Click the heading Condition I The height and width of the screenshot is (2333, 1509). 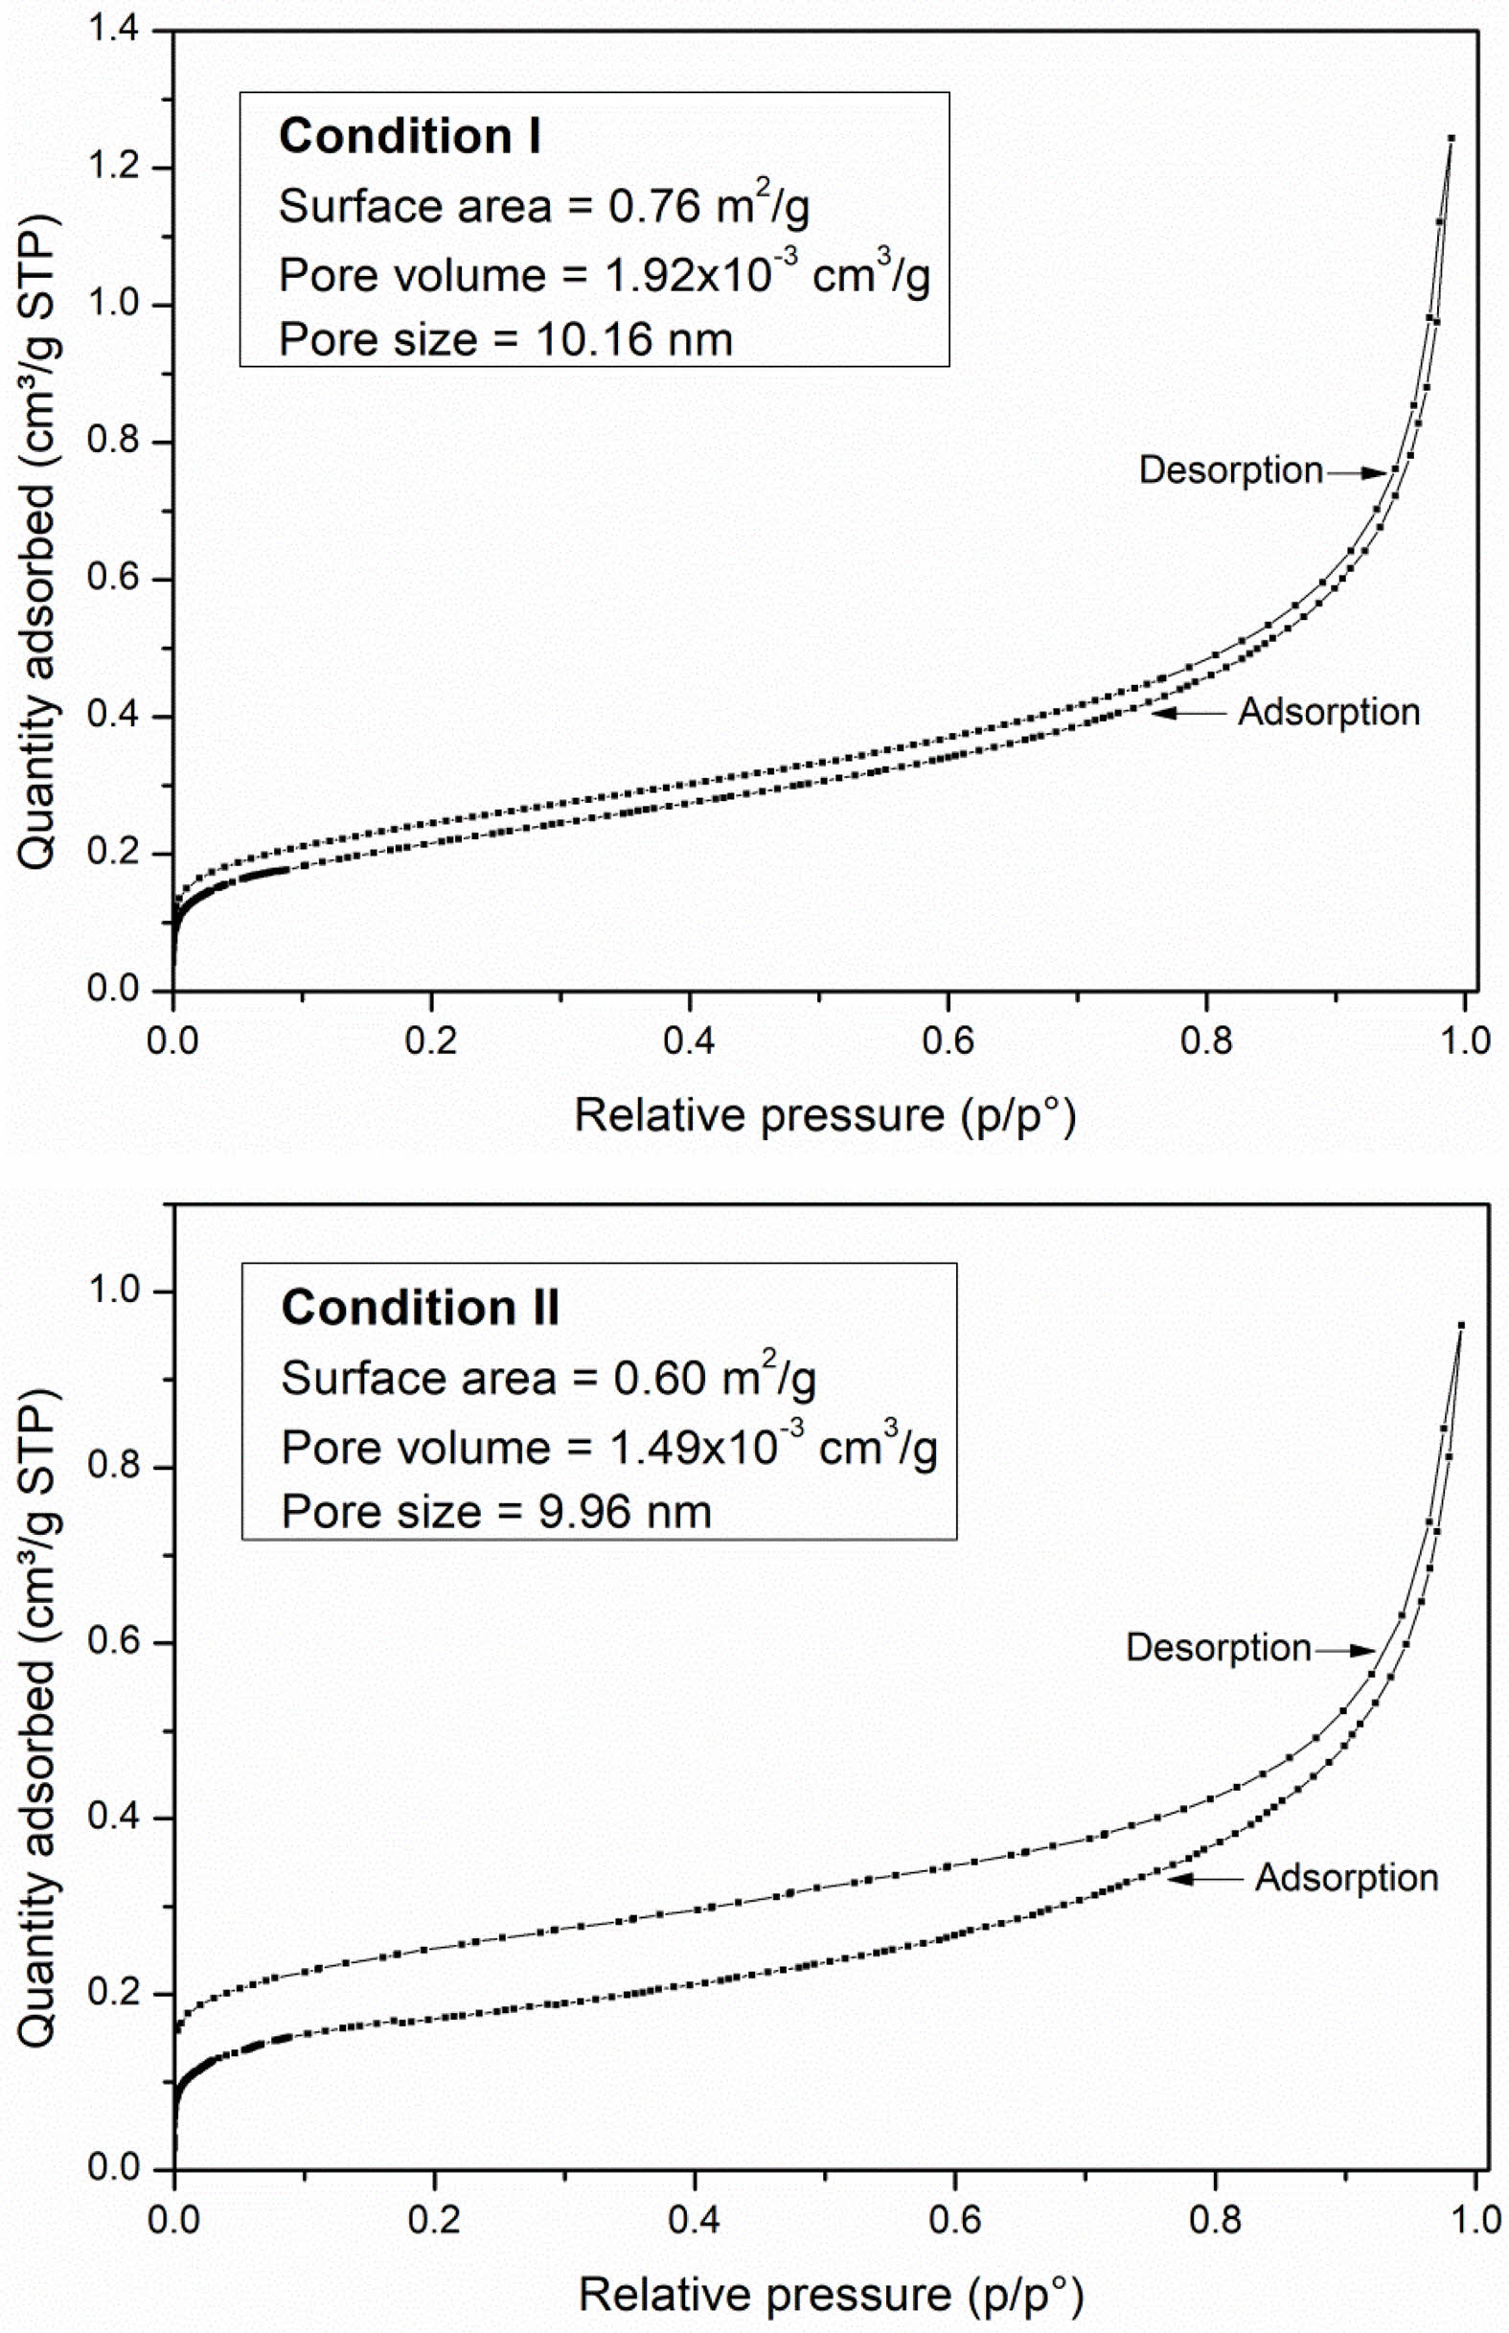[410, 136]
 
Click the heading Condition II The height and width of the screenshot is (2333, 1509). [421, 1308]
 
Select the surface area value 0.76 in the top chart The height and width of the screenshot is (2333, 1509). [653, 207]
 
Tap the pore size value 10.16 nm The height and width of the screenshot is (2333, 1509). [634, 340]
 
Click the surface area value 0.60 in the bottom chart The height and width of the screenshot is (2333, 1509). [659, 1379]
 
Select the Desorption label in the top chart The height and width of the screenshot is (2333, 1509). [1231, 470]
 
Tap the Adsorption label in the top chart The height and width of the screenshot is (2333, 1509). [1329, 712]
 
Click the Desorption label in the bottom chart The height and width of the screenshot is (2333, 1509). [1218, 1648]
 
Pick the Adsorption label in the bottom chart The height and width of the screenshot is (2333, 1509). [1346, 1878]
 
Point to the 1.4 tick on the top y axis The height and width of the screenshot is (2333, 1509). [113, 31]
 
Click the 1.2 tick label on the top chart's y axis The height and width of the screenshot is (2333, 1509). [113, 168]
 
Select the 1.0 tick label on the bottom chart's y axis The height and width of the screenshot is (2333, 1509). [113, 1292]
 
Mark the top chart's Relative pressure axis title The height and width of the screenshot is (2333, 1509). [825, 1116]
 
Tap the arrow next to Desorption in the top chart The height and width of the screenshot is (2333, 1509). [1356, 472]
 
